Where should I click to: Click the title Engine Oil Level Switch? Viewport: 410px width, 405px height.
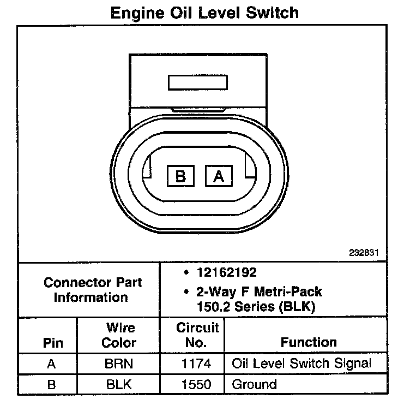(204, 13)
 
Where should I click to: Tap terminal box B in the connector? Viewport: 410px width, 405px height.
(181, 176)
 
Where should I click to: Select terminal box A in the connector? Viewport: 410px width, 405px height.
(219, 176)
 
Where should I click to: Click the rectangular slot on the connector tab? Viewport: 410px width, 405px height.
(198, 82)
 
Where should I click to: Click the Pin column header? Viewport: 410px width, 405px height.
(53, 343)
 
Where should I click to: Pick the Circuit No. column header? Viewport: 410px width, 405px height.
(198, 335)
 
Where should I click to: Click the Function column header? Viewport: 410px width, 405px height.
(309, 342)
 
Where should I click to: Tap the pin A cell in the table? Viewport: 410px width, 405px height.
(52, 364)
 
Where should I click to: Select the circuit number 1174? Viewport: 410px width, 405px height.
(198, 364)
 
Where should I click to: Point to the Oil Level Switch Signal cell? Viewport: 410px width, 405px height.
(302, 364)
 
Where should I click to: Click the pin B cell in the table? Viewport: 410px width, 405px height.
(52, 384)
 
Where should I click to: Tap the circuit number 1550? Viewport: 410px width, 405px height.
(198, 384)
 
